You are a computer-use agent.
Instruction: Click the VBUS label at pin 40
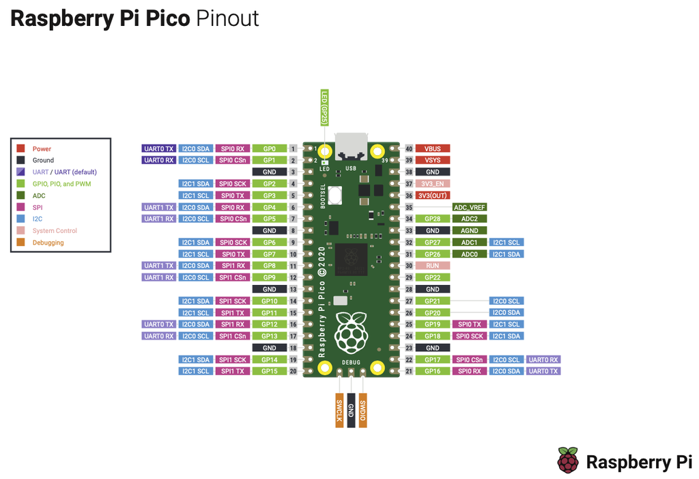(x=432, y=148)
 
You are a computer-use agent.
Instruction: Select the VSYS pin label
(x=432, y=160)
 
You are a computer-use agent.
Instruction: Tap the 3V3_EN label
(x=432, y=184)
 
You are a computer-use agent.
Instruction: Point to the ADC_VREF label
(x=469, y=207)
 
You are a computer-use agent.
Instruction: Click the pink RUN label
(x=432, y=265)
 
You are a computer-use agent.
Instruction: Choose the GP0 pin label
(x=269, y=148)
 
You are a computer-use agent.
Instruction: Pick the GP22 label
(x=432, y=277)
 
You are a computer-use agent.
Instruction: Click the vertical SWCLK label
(x=339, y=410)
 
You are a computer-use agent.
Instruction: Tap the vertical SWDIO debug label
(x=363, y=410)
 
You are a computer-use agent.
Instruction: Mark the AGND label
(x=469, y=230)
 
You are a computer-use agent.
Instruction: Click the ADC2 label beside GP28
(x=469, y=219)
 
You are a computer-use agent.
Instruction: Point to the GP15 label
(x=269, y=371)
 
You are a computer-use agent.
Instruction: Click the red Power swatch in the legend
(x=20, y=148)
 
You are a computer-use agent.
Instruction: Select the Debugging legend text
(x=48, y=243)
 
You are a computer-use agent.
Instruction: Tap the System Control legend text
(x=55, y=231)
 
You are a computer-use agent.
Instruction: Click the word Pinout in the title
(x=227, y=18)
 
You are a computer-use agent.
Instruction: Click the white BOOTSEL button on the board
(x=336, y=195)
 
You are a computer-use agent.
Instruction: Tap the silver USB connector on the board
(x=351, y=147)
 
